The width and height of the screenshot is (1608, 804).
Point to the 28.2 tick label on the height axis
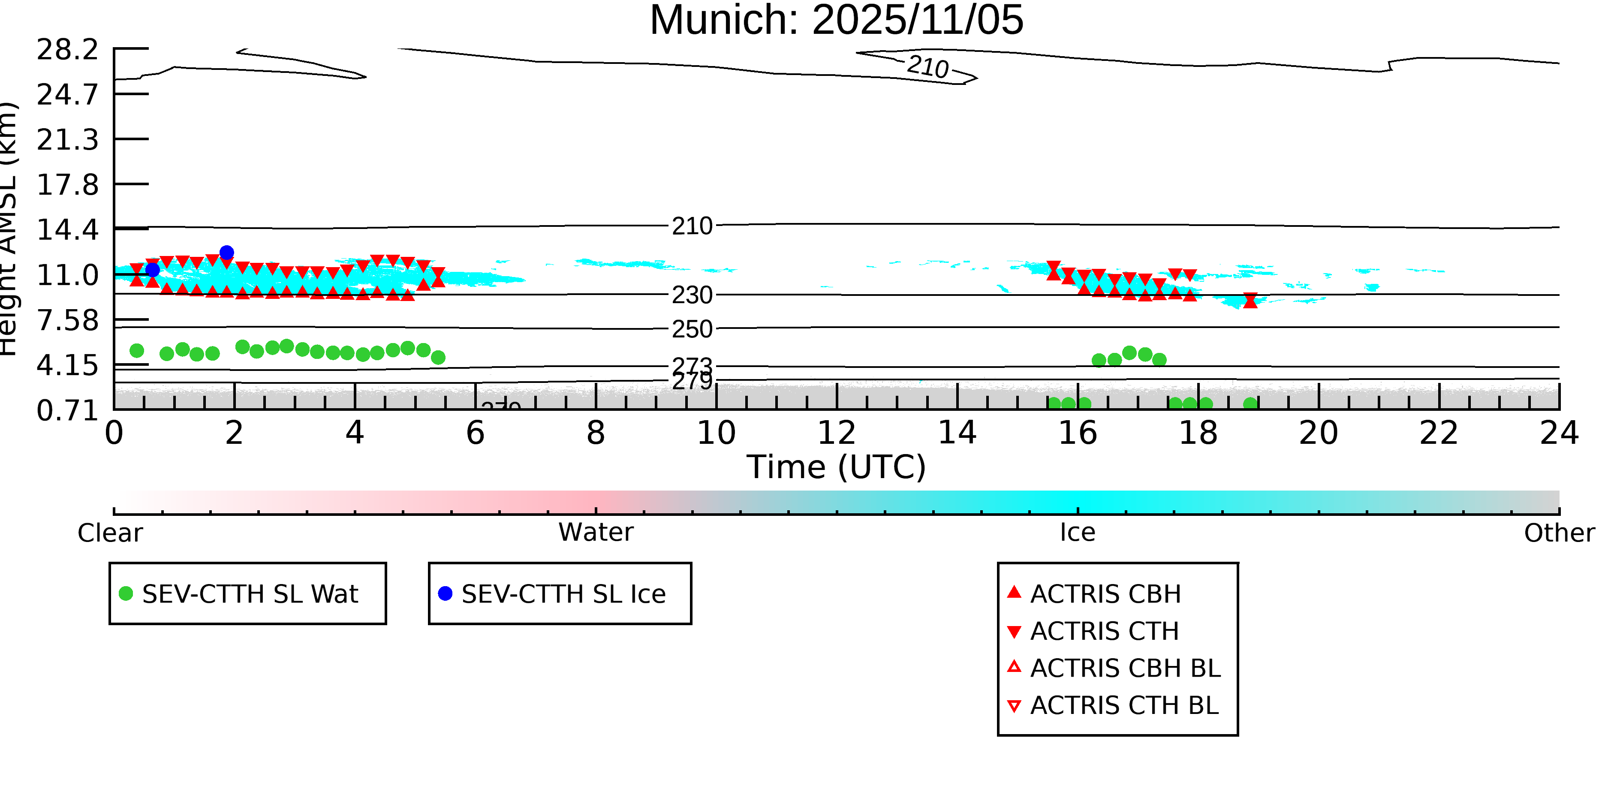click(x=67, y=50)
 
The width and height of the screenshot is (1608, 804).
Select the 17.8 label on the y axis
click(x=67, y=185)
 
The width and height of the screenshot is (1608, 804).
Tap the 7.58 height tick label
click(x=67, y=321)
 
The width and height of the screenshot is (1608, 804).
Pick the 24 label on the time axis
click(x=1559, y=433)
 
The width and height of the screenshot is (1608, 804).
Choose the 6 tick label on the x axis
click(x=475, y=433)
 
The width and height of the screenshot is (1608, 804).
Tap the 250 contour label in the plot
click(x=692, y=329)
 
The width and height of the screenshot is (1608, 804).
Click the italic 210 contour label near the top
click(x=927, y=67)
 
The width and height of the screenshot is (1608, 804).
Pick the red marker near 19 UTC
click(x=1250, y=300)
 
